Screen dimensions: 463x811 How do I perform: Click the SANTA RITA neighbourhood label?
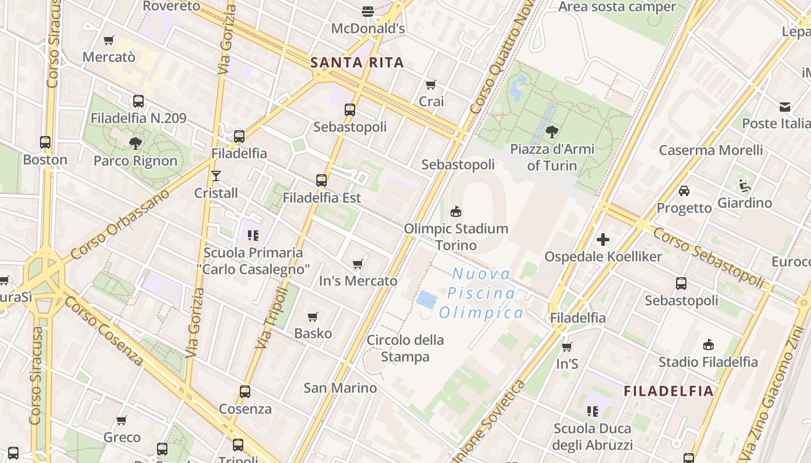pos(357,63)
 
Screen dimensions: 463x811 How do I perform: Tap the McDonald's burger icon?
pos(367,11)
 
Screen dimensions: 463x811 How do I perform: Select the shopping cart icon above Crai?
pos(430,85)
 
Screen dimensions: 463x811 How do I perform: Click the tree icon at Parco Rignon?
pos(136,143)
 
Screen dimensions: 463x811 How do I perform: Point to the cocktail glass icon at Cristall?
pos(216,175)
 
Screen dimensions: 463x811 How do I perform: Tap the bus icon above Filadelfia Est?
pos(322,181)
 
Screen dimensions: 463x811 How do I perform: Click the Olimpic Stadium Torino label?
pos(456,237)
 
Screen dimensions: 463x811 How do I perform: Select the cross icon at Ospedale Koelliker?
pos(603,239)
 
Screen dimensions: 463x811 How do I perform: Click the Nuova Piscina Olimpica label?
pos(481,293)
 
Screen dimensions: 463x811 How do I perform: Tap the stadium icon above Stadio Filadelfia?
pos(708,344)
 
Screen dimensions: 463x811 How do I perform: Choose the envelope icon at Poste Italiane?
pos(784,107)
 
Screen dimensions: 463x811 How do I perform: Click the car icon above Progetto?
pos(684,191)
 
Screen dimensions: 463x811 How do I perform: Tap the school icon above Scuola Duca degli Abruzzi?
pos(592,411)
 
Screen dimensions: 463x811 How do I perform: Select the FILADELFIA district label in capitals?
pos(668,391)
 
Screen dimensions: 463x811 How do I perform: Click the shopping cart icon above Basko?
pos(313,317)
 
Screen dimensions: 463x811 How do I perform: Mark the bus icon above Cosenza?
pos(245,392)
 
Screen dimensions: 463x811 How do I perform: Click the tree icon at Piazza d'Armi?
pos(552,132)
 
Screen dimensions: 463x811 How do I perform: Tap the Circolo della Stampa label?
pos(405,348)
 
